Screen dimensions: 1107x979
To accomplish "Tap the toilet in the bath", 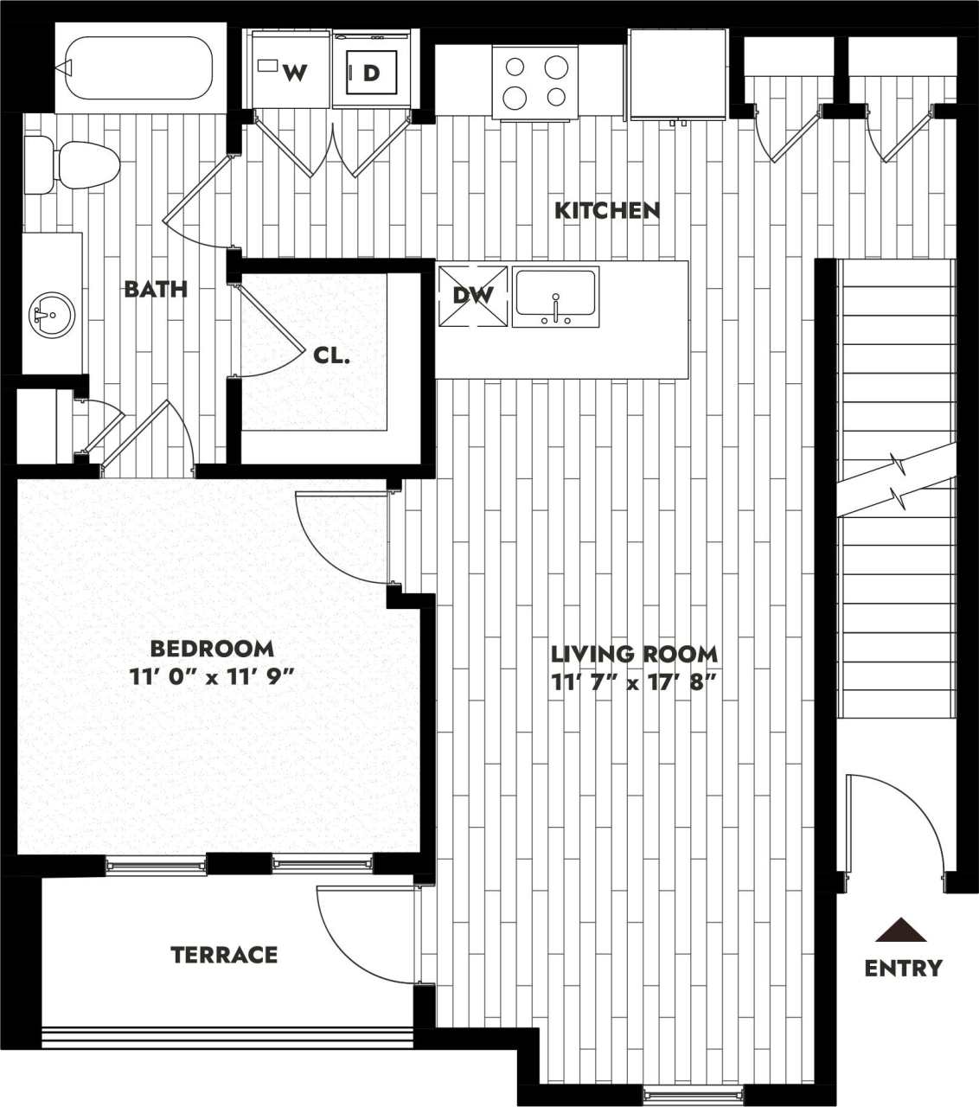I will click(73, 164).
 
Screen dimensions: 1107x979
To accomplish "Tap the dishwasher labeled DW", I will click(473, 296).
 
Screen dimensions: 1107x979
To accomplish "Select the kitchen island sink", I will click(554, 297).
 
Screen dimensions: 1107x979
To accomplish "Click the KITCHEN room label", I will click(607, 210).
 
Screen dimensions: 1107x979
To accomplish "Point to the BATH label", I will click(156, 289).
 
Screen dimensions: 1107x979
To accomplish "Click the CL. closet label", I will click(331, 355).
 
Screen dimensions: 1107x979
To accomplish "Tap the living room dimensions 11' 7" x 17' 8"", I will click(635, 682).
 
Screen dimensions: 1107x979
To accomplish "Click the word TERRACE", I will click(224, 955).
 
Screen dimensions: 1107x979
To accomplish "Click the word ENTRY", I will click(903, 968).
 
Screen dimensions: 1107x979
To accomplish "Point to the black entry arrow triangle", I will click(900, 931).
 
